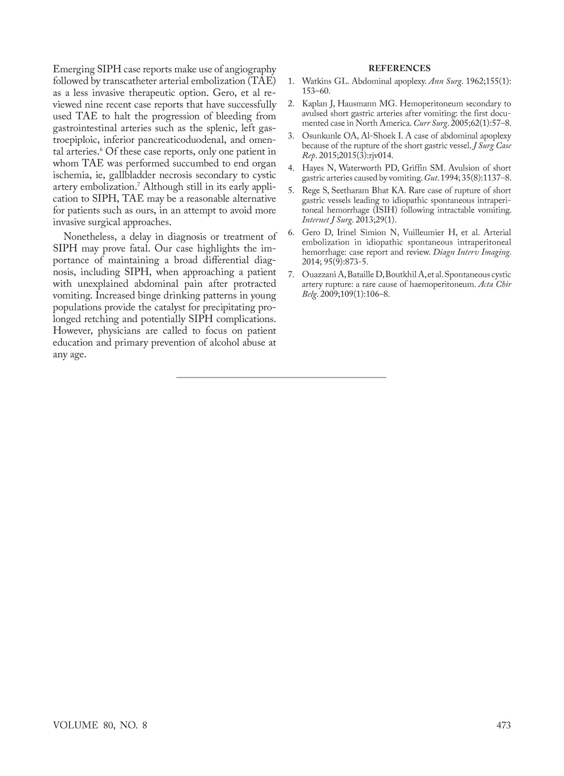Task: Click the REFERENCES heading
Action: tap(399, 69)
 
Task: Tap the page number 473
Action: tap(503, 725)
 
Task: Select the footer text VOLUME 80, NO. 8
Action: tap(100, 725)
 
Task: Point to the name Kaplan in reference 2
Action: tap(314, 103)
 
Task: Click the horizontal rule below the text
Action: tap(281, 377)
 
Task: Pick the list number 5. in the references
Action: tap(291, 190)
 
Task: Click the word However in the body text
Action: tap(73, 331)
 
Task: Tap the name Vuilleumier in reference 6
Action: tap(426, 233)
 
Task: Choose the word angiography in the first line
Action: tap(249, 69)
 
